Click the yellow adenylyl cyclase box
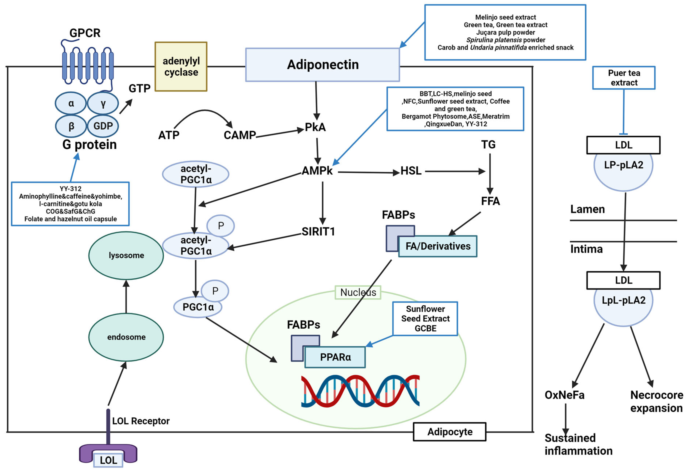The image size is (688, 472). pos(181,67)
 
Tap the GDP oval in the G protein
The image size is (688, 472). pos(103,126)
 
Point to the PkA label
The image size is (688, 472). pos(315,127)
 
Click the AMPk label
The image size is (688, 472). pos(317,171)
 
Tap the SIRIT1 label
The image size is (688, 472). pos(318,231)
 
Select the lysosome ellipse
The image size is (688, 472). pos(126,255)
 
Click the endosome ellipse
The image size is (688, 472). pos(126,337)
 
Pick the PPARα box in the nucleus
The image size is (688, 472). pos(335,357)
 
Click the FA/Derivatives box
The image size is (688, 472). pos(438,246)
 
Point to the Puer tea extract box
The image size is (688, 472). pos(624,78)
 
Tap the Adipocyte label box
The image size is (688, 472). pos(449,432)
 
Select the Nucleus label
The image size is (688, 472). pos(358,292)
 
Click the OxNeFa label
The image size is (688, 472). pos(564,395)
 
